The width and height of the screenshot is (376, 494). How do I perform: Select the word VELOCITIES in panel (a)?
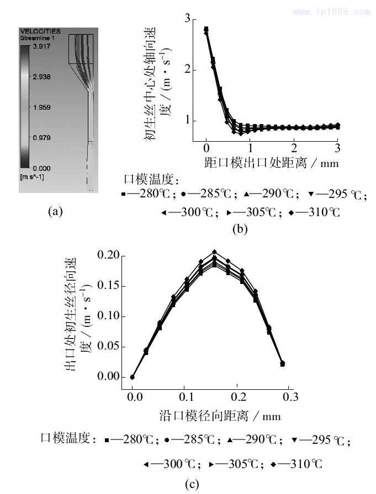[40, 31]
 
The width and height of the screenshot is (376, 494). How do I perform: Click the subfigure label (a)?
[55, 210]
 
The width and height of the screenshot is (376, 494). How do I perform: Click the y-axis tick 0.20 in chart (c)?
[108, 255]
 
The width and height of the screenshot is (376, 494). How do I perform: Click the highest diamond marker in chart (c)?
[214, 252]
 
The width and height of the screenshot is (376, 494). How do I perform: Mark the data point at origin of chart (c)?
[132, 377]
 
